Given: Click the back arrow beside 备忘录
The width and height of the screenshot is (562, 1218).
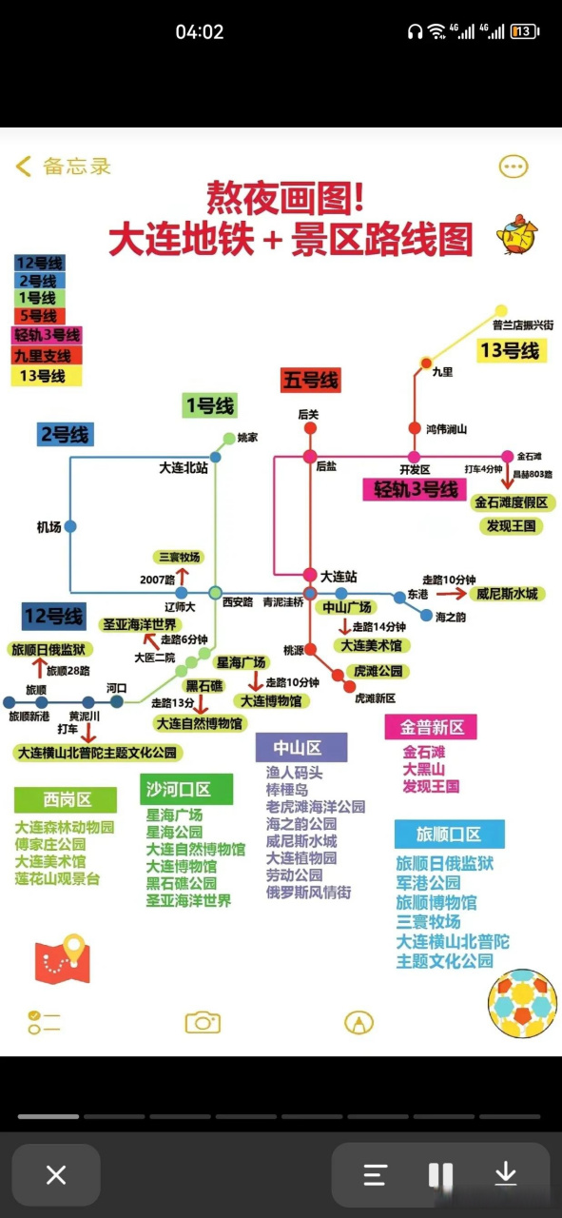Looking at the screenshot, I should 24,167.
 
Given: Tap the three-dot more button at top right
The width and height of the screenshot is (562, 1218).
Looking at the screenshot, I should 514,167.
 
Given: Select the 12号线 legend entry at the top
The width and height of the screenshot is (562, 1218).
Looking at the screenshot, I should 40,263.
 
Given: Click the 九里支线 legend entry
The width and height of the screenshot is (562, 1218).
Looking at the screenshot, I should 47,355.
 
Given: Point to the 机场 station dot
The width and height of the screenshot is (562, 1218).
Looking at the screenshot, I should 70,526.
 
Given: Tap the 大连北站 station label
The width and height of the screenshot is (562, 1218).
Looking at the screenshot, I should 184,468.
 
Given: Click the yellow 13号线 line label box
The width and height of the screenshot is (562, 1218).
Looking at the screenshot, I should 510,351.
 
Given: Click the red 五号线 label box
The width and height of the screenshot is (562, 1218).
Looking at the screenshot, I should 310,381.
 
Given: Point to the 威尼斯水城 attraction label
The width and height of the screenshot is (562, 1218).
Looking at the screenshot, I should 508,594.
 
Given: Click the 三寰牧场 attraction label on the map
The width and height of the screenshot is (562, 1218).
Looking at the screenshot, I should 179,558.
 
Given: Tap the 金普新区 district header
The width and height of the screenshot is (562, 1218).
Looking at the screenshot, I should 431,727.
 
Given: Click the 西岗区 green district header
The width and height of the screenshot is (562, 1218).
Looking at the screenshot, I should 66,799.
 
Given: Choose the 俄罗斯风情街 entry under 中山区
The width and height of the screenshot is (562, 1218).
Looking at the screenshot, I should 308,893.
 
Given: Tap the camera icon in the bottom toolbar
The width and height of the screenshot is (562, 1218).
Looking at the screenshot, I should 203,1022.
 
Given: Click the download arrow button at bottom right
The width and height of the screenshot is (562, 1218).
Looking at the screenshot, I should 505,1174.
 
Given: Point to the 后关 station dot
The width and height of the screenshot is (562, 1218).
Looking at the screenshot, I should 310,429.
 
